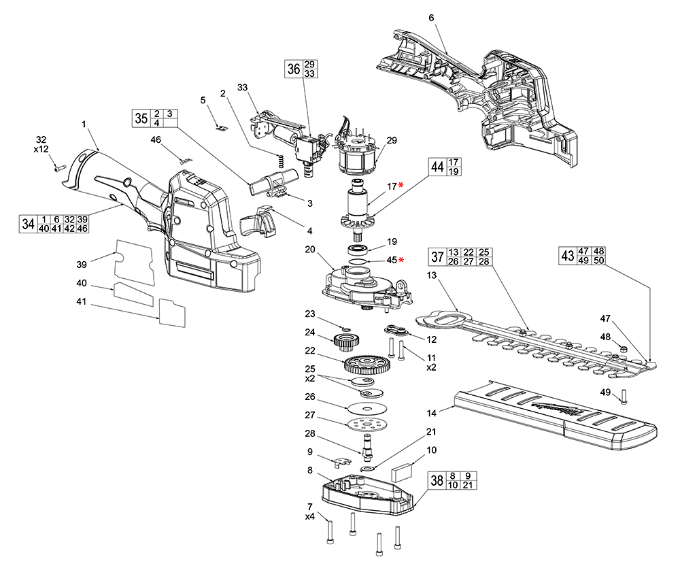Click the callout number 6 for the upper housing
click(x=431, y=17)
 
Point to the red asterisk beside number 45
click(x=401, y=260)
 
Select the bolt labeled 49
click(x=624, y=397)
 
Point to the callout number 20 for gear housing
click(x=310, y=250)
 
